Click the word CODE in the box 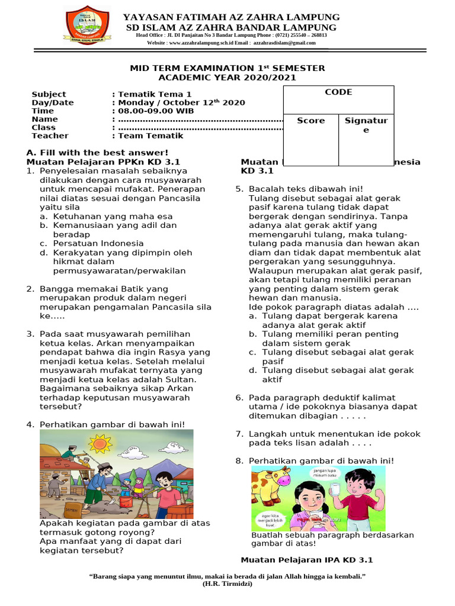(338, 92)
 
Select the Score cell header (311, 121)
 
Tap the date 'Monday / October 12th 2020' (181, 102)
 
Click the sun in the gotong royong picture (100, 442)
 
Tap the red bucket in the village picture (126, 501)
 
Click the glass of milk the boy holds (334, 491)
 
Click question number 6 (239, 398)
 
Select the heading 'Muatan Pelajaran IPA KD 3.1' (307, 560)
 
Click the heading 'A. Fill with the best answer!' (97, 153)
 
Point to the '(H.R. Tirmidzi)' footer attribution (227, 584)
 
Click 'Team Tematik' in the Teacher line (150, 136)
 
